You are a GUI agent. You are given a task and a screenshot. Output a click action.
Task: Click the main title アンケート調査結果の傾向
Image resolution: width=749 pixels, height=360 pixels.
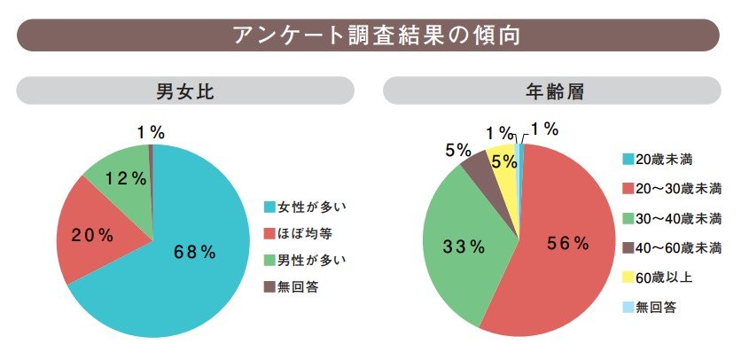(x=374, y=35)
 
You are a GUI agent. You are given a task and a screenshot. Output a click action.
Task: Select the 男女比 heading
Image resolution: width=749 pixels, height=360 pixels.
(x=184, y=91)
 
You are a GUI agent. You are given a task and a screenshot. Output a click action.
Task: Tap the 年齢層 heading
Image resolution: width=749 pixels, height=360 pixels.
(x=552, y=91)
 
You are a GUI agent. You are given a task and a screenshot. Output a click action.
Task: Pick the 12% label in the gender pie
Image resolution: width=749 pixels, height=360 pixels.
(x=125, y=178)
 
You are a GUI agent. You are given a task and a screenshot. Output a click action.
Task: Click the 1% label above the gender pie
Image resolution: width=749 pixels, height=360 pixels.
(x=151, y=132)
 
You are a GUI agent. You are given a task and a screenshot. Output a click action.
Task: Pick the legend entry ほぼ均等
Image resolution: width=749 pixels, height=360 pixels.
(x=300, y=234)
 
